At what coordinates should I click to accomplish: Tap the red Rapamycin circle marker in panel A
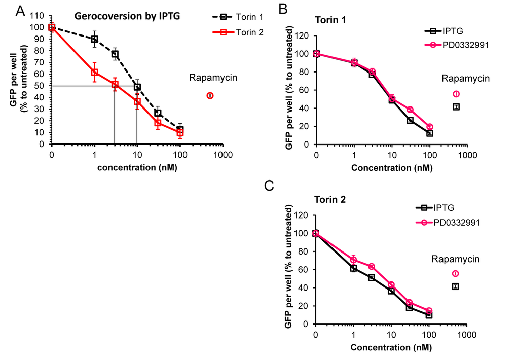click(x=210, y=96)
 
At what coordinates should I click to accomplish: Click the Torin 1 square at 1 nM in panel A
click(x=94, y=39)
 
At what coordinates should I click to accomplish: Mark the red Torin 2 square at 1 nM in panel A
click(x=94, y=72)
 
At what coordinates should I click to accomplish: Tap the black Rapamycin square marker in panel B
click(x=456, y=107)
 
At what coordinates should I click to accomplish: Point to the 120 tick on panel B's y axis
click(x=303, y=36)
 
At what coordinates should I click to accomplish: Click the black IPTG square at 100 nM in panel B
click(x=430, y=133)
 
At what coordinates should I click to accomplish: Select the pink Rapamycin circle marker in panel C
click(x=456, y=273)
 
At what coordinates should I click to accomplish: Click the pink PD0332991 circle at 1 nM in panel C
click(x=354, y=260)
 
